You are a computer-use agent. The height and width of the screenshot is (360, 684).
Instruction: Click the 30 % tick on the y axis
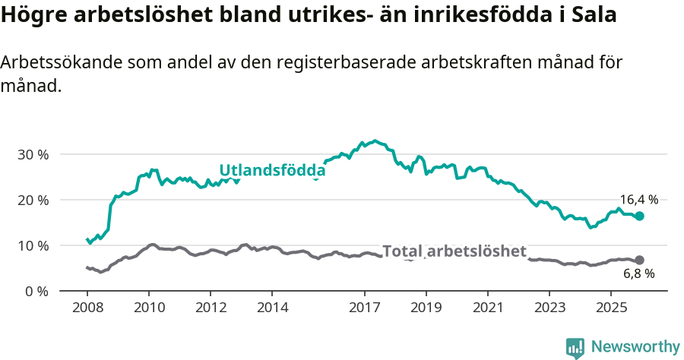click(x=33, y=154)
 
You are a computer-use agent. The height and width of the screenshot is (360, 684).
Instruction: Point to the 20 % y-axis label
click(x=33, y=200)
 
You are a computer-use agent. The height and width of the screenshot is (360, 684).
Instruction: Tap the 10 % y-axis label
click(x=33, y=245)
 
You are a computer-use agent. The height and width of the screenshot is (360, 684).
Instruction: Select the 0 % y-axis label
click(x=36, y=291)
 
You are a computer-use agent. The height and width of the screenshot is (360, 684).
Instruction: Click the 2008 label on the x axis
click(x=87, y=308)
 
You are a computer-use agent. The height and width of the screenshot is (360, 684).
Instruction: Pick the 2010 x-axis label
click(x=148, y=308)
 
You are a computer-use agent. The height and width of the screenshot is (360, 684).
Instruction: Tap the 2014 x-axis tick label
click(x=272, y=308)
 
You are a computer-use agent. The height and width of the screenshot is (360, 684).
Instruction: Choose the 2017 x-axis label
click(x=364, y=308)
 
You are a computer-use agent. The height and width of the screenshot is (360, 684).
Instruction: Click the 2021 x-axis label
click(x=488, y=308)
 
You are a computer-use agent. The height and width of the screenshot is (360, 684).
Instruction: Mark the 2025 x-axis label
click(x=611, y=308)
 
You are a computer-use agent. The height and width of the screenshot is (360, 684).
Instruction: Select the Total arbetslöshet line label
click(x=454, y=251)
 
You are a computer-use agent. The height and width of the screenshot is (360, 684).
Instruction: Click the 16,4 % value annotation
click(x=638, y=200)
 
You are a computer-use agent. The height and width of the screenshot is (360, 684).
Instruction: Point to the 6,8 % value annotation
click(x=638, y=273)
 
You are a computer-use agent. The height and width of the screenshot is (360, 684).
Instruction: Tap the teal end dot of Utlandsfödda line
click(x=639, y=216)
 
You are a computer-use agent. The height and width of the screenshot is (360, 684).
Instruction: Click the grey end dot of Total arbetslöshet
click(x=639, y=260)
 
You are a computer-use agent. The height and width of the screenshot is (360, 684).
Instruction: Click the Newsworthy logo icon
click(x=575, y=347)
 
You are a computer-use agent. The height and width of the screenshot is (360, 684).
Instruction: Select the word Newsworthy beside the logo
click(x=635, y=347)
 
